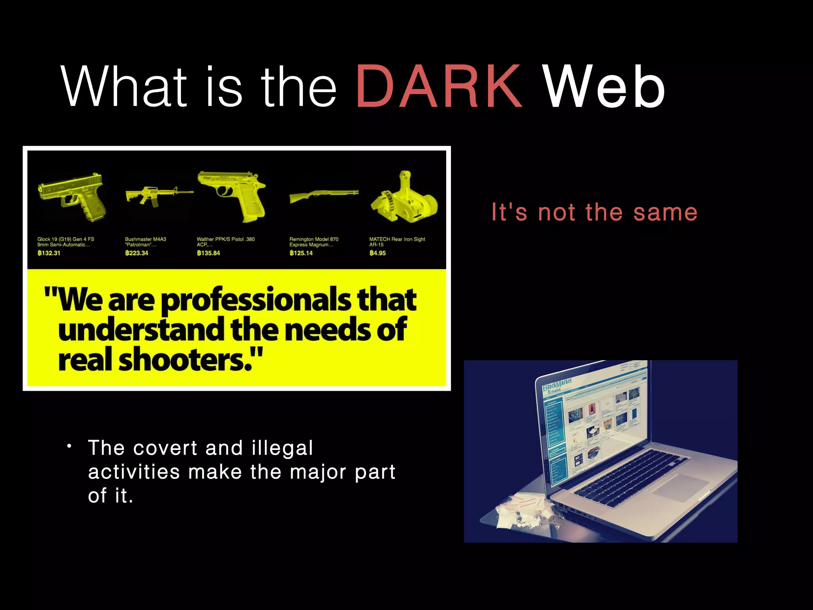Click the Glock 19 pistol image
73,197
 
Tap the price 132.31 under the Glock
49,253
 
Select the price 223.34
137,253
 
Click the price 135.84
208,253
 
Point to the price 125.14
301,253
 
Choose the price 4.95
378,253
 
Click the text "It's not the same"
594,212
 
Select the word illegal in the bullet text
282,448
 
